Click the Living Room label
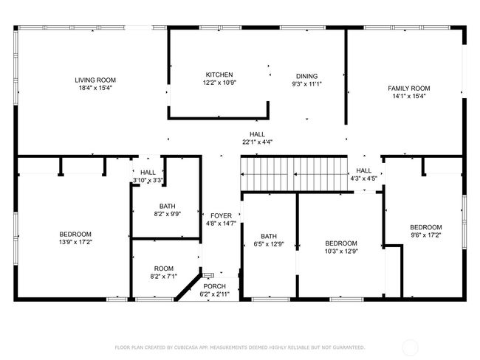(x=95, y=80)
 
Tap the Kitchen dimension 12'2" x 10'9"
(x=219, y=83)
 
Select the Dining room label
(x=306, y=76)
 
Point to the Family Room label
(x=409, y=89)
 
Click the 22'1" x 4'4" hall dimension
(x=257, y=142)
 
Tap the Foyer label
(x=221, y=215)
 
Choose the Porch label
(x=215, y=286)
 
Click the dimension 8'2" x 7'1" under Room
(x=164, y=277)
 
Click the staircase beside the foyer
(x=294, y=174)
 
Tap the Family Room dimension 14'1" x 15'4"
(x=409, y=97)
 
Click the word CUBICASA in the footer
(x=186, y=347)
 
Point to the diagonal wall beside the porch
(x=188, y=285)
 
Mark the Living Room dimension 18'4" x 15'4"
(x=95, y=88)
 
